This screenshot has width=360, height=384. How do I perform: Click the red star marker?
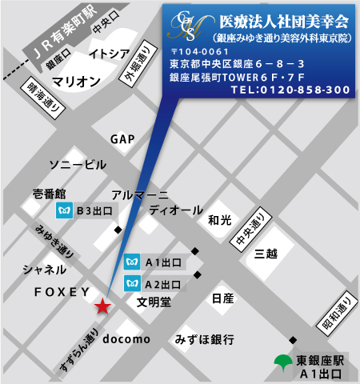pyautogui.click(x=102, y=306)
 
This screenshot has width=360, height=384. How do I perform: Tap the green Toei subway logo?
pyautogui.click(x=282, y=361)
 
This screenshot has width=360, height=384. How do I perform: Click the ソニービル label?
pyautogui.click(x=77, y=165)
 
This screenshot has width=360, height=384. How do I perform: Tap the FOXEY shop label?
pyautogui.click(x=62, y=293)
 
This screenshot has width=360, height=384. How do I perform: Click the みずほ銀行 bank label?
pyautogui.click(x=205, y=340)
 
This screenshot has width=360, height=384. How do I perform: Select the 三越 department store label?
pyautogui.click(x=266, y=254)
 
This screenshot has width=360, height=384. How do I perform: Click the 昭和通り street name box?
pyautogui.click(x=346, y=312)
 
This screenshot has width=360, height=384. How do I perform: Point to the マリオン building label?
pyautogui.click(x=77, y=81)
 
